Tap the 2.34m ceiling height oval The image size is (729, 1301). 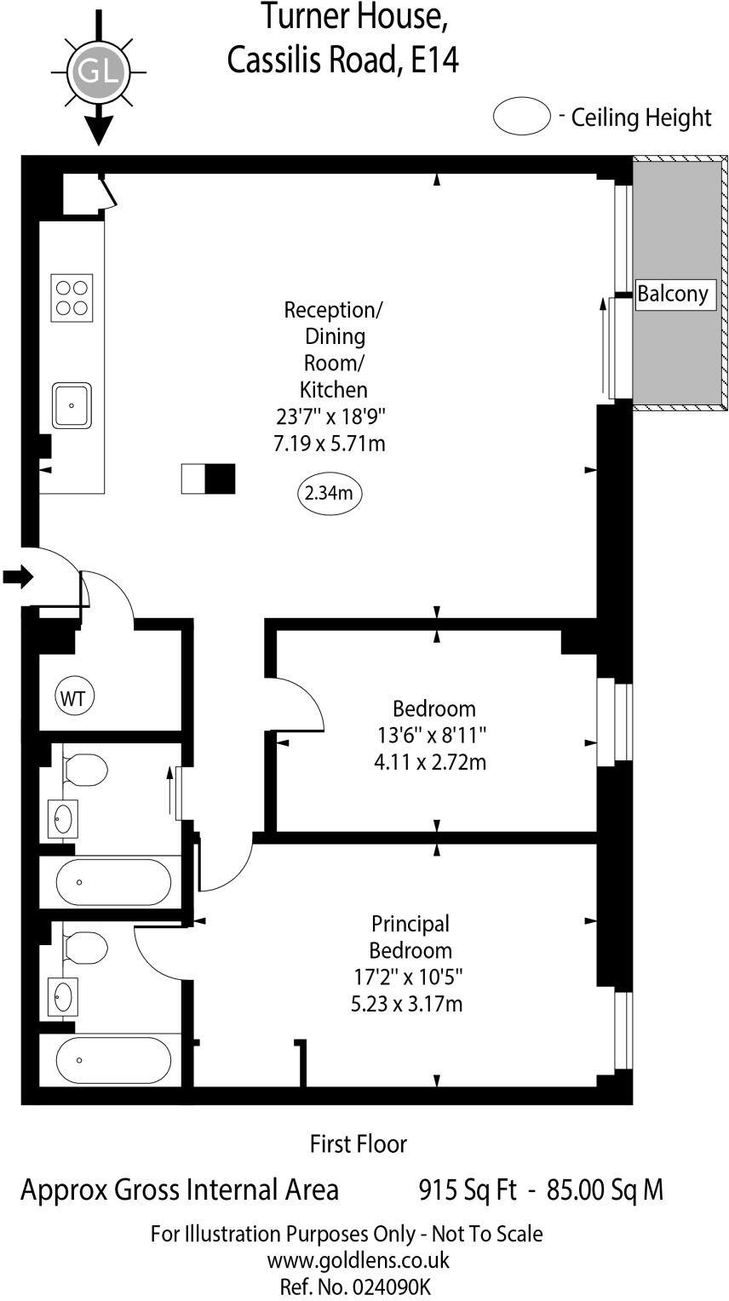coord(330,493)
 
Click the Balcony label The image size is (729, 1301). coord(673,294)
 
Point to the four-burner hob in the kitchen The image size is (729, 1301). coord(72,297)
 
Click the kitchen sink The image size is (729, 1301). coord(72,406)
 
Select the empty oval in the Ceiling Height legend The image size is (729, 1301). coord(522,117)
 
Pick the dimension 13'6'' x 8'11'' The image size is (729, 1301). coord(433,735)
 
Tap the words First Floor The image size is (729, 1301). coord(358,1144)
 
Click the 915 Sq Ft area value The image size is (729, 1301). coord(468,1189)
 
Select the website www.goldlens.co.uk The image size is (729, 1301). coord(358,1260)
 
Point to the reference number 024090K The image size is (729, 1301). coord(387,1287)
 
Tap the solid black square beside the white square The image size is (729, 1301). coord(220,479)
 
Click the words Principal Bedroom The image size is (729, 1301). coord(410,937)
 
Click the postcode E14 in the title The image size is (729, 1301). coord(435,60)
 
